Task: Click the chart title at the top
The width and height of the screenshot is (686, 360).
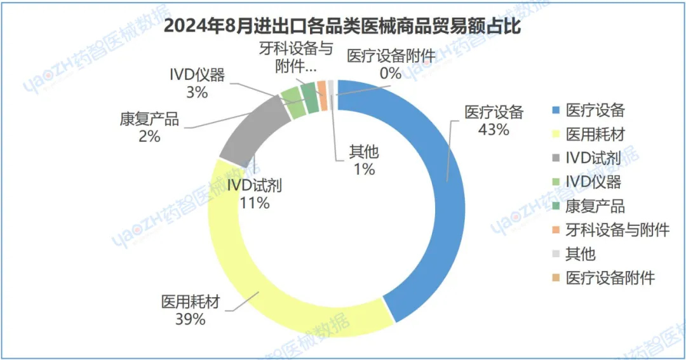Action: pyautogui.click(x=343, y=27)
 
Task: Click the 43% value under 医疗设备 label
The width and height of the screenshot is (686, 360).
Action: pyautogui.click(x=494, y=130)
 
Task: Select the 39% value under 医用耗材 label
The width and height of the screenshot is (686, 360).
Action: pyautogui.click(x=191, y=319)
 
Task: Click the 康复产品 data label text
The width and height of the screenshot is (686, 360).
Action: pyautogui.click(x=149, y=119)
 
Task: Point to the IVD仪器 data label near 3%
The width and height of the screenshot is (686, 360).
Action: pyautogui.click(x=197, y=76)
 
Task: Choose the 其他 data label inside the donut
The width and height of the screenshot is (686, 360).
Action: pyautogui.click(x=364, y=152)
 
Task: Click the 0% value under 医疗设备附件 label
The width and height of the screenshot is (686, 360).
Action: pyautogui.click(x=391, y=73)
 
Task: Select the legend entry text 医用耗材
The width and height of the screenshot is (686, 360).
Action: pyautogui.click(x=595, y=135)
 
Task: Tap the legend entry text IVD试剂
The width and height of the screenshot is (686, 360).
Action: pyautogui.click(x=593, y=159)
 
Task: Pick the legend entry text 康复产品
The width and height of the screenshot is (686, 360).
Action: pyautogui.click(x=595, y=206)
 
